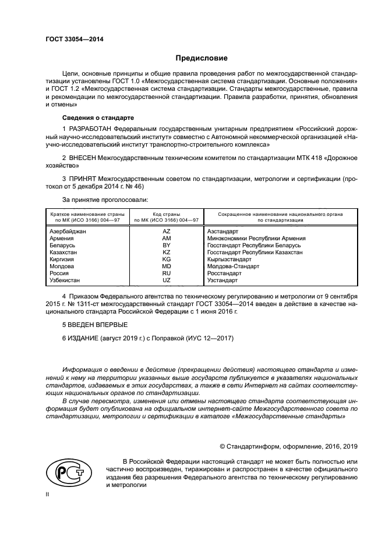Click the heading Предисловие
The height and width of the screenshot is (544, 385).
[x=202, y=58]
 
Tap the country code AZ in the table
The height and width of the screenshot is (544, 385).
[x=166, y=232]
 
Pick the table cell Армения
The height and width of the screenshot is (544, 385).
[x=62, y=239]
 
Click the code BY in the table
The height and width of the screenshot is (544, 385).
[x=166, y=246]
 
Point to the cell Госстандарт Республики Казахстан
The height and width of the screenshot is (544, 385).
[x=255, y=253]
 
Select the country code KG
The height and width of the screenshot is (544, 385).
[x=166, y=259]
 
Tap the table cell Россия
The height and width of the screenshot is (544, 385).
[x=60, y=273]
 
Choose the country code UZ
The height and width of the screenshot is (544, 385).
[x=166, y=280]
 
